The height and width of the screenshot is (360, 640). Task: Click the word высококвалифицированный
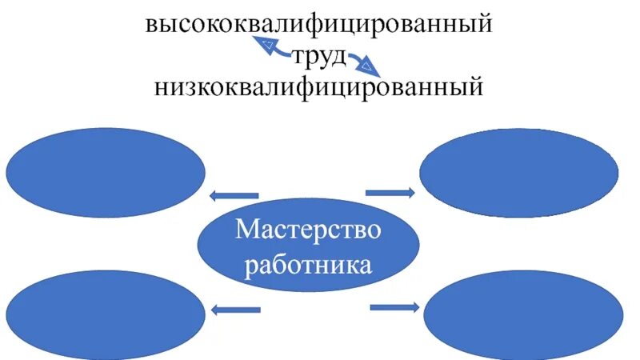318,24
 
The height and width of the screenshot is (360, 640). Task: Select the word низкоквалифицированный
318,86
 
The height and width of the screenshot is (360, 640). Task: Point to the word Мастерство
308,231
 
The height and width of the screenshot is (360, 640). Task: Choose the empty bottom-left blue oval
106,314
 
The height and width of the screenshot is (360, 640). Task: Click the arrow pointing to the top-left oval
234,195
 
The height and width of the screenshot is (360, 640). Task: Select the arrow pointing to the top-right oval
390,192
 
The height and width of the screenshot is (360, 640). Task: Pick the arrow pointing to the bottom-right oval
394,306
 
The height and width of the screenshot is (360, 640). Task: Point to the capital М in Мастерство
246,231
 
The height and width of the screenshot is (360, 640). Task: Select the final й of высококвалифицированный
482,24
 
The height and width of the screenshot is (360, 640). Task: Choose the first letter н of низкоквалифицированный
162,86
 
